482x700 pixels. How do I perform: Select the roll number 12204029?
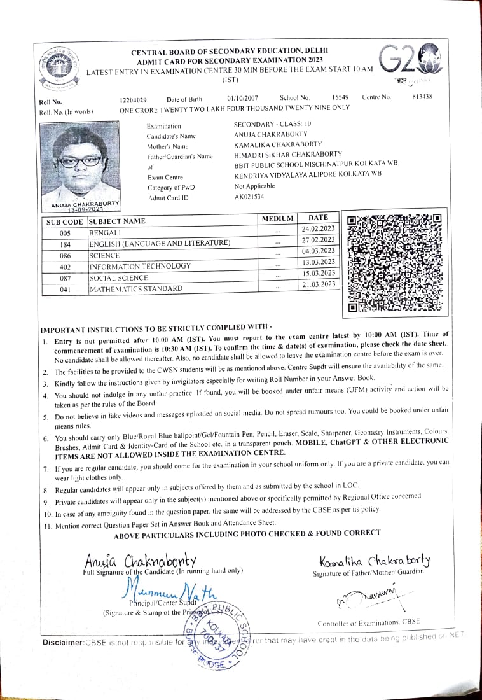click(x=133, y=99)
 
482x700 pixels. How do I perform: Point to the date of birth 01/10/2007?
click(x=242, y=99)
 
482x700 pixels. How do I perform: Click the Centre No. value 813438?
click(x=422, y=97)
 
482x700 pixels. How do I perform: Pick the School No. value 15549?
click(x=341, y=97)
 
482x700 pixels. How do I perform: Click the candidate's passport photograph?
click(x=79, y=162)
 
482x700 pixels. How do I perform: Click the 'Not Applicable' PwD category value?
click(x=254, y=186)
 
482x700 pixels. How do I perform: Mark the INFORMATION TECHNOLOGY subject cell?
click(x=140, y=267)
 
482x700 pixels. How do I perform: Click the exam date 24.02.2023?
click(x=318, y=228)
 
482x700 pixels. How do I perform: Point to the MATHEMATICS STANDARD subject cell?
click(x=135, y=289)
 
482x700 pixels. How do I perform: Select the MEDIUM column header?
click(x=278, y=218)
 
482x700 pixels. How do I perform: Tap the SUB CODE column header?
click(x=64, y=222)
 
